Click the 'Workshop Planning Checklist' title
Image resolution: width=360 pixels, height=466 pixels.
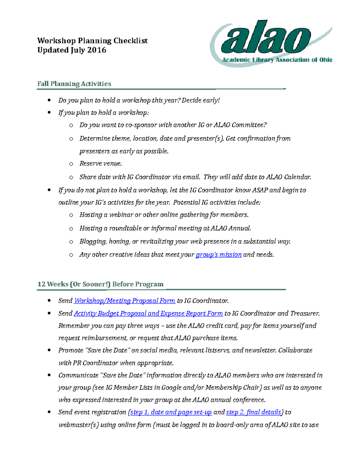pos(92,41)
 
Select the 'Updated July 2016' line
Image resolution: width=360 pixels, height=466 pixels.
pos(72,50)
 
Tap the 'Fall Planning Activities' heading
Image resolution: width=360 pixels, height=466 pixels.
pos(74,84)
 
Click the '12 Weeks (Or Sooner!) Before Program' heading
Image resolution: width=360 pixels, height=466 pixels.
pos(100,284)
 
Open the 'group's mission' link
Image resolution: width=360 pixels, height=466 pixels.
pos(218,255)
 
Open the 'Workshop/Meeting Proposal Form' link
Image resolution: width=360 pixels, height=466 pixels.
pos(124,301)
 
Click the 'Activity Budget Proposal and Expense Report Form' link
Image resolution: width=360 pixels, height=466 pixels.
pos(148,314)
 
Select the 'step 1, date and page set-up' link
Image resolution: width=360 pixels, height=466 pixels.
pos(171,412)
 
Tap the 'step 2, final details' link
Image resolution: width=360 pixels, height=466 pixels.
pos(253,412)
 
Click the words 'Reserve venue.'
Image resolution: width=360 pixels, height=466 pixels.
pos(100,164)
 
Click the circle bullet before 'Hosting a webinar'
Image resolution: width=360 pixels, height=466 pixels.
pos(71,215)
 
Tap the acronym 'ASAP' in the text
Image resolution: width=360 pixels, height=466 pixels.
pos(260,190)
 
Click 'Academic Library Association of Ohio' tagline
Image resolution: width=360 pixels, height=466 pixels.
pos(277,60)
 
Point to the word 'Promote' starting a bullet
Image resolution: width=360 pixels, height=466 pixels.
pos(71,350)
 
